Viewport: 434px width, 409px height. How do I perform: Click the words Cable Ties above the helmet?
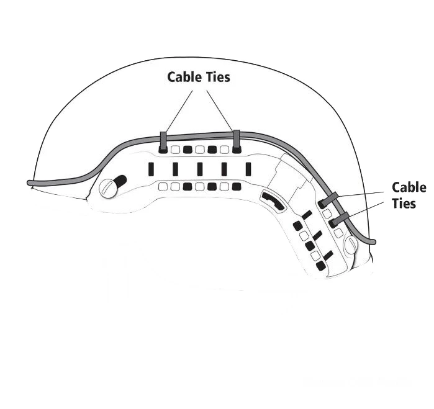click(x=199, y=77)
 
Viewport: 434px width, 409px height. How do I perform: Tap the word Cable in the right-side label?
click(x=409, y=187)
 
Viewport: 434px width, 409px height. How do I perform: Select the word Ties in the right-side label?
click(x=404, y=203)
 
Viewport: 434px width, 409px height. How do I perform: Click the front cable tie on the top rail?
click(x=163, y=141)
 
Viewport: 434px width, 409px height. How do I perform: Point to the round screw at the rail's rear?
click(x=352, y=245)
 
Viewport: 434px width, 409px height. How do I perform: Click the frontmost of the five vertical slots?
click(x=151, y=169)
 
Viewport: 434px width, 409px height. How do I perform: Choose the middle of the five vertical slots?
click(x=200, y=169)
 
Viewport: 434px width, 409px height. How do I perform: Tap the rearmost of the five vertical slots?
click(x=248, y=169)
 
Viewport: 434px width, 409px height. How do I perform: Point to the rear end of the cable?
click(x=373, y=241)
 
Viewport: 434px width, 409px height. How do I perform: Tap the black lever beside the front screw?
click(x=120, y=181)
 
